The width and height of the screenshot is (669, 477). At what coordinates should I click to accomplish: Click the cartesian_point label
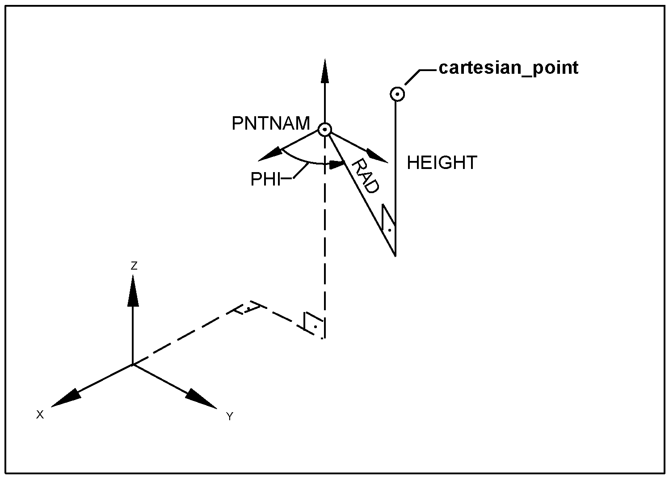click(x=509, y=68)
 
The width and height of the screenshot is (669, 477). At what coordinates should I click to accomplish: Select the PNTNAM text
click(x=270, y=123)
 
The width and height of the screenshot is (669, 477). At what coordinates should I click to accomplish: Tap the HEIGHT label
click(x=442, y=163)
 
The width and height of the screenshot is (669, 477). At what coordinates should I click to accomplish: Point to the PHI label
click(x=265, y=179)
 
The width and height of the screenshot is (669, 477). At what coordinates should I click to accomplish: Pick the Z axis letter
click(x=134, y=266)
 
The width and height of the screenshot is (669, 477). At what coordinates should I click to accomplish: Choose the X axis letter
click(x=40, y=415)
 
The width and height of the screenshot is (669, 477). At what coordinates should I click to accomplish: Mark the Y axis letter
click(x=230, y=417)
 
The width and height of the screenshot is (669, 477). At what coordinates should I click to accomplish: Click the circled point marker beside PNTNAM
click(x=325, y=130)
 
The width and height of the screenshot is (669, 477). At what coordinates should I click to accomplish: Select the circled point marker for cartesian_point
click(x=397, y=94)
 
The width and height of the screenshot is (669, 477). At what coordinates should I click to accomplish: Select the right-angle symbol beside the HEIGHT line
click(x=389, y=222)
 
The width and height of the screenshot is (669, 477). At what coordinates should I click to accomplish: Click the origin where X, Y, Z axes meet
click(x=133, y=364)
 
